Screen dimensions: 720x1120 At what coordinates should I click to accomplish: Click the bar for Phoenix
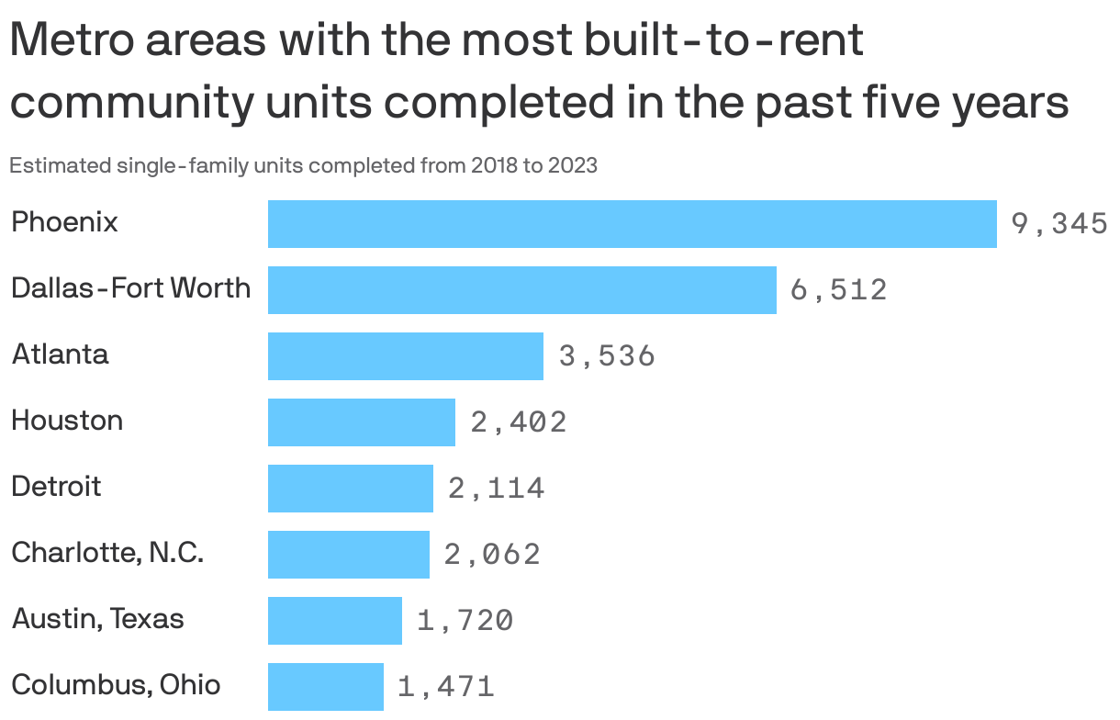(632, 224)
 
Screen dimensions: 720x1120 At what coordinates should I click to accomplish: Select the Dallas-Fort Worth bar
(521, 290)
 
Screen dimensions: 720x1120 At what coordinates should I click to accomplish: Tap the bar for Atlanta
(405, 356)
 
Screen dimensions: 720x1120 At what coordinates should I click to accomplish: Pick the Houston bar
(361, 422)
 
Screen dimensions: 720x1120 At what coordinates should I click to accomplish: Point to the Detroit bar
(350, 489)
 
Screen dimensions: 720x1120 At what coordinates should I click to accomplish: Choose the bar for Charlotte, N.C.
(348, 555)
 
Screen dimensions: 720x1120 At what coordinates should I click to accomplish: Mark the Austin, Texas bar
(334, 621)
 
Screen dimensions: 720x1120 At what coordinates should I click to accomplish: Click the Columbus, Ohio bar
(325, 687)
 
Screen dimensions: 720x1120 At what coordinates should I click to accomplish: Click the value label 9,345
(1058, 224)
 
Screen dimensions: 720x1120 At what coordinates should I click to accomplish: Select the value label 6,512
(838, 290)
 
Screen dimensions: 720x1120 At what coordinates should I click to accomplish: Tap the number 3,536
(606, 356)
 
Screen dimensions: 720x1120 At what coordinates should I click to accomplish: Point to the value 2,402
(518, 422)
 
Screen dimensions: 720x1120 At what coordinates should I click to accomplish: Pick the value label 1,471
(445, 687)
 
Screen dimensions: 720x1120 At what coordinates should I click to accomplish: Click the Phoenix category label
(64, 222)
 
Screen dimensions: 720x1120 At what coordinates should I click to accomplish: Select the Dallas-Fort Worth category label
(130, 288)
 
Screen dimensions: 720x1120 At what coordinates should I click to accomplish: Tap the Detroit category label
(56, 486)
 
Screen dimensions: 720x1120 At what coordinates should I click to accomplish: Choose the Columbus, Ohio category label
(116, 685)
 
